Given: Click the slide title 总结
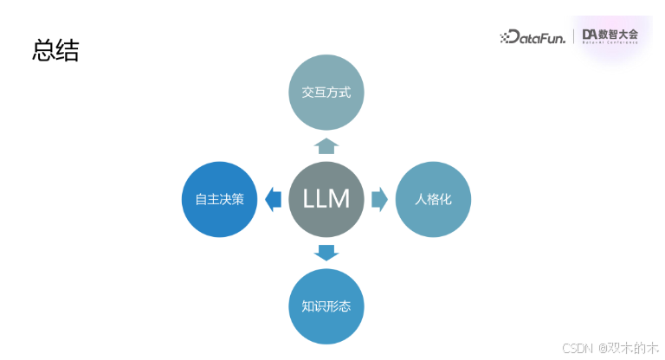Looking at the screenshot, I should tap(55, 50).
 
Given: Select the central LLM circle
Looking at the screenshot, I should tap(326, 199).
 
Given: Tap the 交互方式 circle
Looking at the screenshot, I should tap(326, 91).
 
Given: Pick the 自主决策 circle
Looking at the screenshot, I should tap(219, 199).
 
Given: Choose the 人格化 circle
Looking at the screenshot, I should tap(433, 199).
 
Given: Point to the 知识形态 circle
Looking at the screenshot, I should tap(326, 306).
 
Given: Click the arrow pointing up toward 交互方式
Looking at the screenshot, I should tap(326, 145).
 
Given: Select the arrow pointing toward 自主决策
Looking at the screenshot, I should tap(273, 199).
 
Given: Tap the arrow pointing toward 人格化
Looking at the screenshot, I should tap(379, 199).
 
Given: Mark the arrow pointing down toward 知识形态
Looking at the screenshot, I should tap(326, 253).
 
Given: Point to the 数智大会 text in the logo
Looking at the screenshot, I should tap(622, 34).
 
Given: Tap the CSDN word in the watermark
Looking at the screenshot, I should tap(576, 348).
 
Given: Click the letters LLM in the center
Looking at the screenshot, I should tap(326, 199).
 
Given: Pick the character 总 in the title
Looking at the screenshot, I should tap(43, 50).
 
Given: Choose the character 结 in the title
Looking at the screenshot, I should tap(68, 50).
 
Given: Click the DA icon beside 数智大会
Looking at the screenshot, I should tap(592, 35).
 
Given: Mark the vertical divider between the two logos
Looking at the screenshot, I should tap(573, 36).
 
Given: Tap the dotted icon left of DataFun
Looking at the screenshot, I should tap(507, 37).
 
